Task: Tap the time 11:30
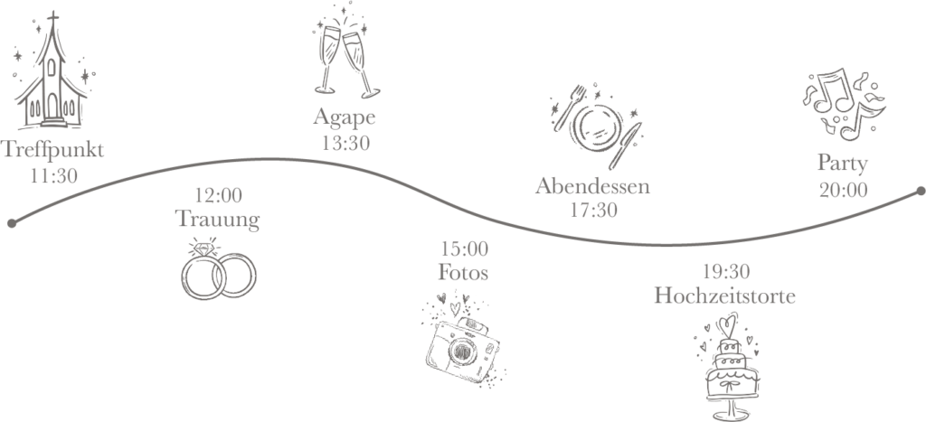point(52,175)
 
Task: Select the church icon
point(51,77)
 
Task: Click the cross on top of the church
point(52,19)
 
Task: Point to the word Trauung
point(218,219)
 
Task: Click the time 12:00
point(218,195)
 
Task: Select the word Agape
point(345,117)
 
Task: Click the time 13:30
point(345,142)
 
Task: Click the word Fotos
point(463,272)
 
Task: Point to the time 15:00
point(463,249)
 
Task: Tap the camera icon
point(461,340)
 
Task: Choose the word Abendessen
point(592,187)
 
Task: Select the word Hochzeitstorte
point(725,295)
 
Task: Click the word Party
point(843,164)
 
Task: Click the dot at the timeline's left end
point(11,221)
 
